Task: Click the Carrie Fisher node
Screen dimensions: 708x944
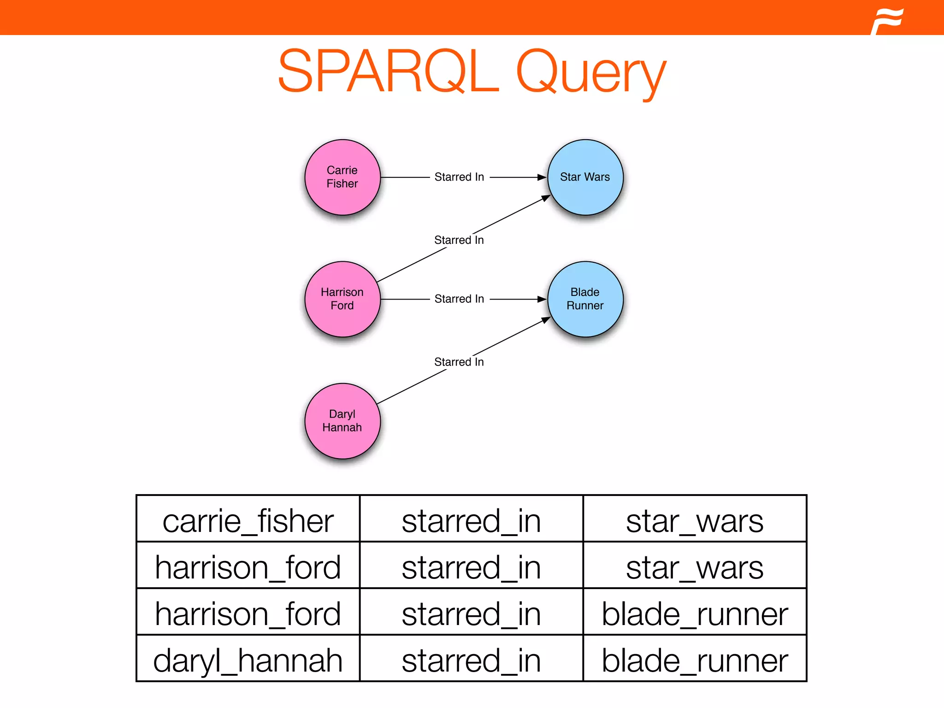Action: tap(342, 177)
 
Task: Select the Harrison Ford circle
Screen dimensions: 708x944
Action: tap(342, 299)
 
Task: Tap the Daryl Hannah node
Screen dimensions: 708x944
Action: tap(342, 421)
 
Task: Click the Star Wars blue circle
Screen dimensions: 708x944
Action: tap(585, 177)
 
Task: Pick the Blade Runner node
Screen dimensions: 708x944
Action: tap(585, 299)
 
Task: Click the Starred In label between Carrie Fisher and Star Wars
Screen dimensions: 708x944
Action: tap(459, 177)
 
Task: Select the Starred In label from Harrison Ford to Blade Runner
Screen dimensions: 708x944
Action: tap(459, 299)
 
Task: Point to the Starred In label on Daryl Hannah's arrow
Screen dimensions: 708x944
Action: tap(459, 362)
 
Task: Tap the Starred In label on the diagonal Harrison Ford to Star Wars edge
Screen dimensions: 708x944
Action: tap(459, 240)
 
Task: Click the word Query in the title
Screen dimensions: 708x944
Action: tap(591, 74)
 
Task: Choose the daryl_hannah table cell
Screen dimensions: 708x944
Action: tap(248, 660)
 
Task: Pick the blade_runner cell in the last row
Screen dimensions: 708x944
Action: tap(695, 660)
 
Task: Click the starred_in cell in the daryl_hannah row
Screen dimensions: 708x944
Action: tap(471, 660)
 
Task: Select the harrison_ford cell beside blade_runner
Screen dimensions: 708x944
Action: tap(248, 614)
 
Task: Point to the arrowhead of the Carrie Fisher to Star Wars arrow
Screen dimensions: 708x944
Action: tap(542, 177)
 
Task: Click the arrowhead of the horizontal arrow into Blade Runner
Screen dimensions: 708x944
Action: tap(542, 299)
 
